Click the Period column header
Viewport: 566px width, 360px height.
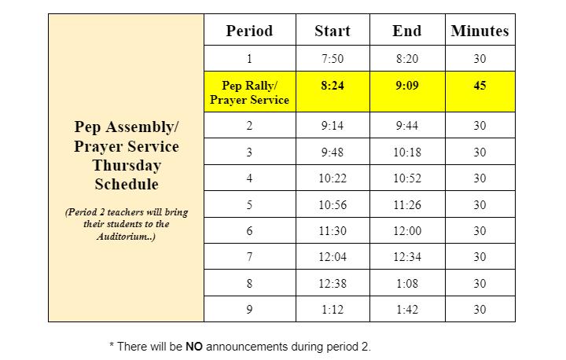point(249,31)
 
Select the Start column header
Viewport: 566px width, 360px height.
point(333,31)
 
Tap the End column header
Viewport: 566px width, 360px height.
point(406,31)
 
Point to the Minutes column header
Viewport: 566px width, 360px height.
point(480,31)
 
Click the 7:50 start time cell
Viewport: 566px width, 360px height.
point(333,58)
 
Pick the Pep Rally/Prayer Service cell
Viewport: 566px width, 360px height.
point(249,93)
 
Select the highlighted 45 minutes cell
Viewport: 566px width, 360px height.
point(480,86)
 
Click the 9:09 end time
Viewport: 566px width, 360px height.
point(406,86)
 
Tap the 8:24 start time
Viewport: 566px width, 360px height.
point(333,86)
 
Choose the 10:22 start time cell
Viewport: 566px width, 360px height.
point(333,178)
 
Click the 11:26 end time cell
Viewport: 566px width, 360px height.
point(406,205)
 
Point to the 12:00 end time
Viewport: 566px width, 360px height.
point(406,231)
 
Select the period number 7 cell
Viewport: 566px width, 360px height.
point(249,257)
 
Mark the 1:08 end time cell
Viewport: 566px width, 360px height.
point(406,284)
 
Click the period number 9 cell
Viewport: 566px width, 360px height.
point(249,310)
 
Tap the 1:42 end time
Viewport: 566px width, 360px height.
point(406,310)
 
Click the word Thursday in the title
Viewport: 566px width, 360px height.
point(127,165)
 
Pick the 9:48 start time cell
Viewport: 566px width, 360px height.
point(333,152)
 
